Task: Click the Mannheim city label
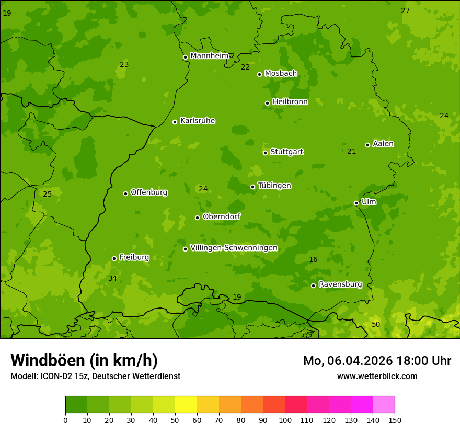(x=209, y=56)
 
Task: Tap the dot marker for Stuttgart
(x=265, y=153)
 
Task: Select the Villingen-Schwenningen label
(x=234, y=248)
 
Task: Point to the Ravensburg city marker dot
(x=313, y=285)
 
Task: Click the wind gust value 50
(x=376, y=325)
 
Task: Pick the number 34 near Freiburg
(x=112, y=278)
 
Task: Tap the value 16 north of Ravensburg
(x=313, y=260)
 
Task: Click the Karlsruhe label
(x=198, y=121)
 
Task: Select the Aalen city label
(x=383, y=144)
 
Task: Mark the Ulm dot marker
(x=356, y=203)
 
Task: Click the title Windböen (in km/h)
(x=84, y=360)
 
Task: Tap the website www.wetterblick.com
(x=377, y=376)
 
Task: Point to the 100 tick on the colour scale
(x=285, y=420)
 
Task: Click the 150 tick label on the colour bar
(x=395, y=420)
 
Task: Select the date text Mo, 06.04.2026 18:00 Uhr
(x=377, y=361)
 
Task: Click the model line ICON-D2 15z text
(x=95, y=376)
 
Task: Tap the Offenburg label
(x=149, y=192)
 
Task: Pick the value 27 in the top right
(x=405, y=11)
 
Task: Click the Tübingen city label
(x=274, y=186)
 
